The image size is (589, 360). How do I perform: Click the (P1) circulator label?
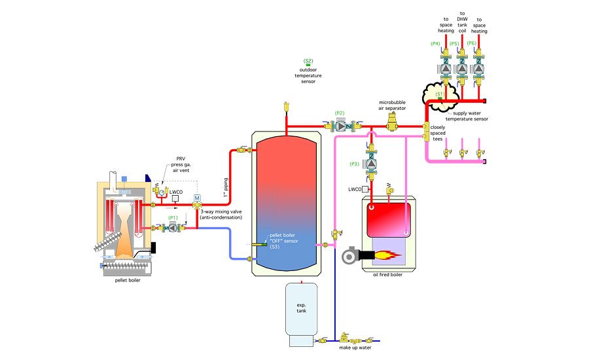[173, 217]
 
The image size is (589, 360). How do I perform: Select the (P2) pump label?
[340, 113]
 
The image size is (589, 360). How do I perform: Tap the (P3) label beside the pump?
[355, 164]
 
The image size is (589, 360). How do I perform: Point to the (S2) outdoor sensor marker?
[308, 61]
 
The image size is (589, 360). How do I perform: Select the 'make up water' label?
[355, 348]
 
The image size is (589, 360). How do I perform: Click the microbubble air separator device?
[393, 119]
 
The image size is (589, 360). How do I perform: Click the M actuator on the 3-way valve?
[196, 198]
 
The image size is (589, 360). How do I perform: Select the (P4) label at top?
[435, 43]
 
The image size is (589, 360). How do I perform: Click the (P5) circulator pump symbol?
[462, 67]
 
